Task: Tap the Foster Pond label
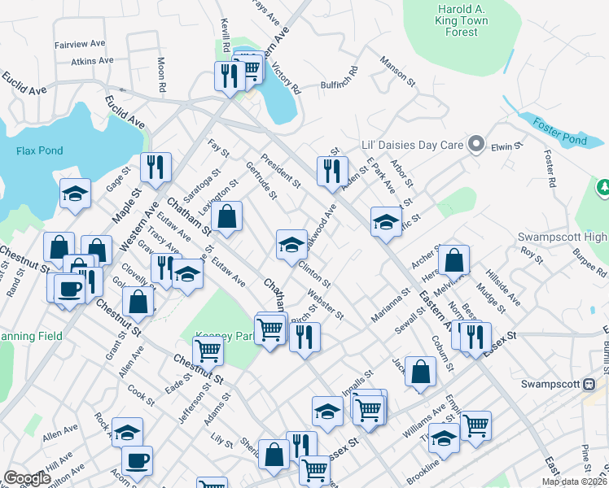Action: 560,131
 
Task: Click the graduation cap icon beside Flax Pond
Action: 75,194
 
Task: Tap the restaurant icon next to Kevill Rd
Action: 229,76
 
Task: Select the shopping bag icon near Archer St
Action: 456,260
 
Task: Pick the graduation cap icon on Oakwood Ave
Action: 291,244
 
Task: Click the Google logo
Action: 28,478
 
